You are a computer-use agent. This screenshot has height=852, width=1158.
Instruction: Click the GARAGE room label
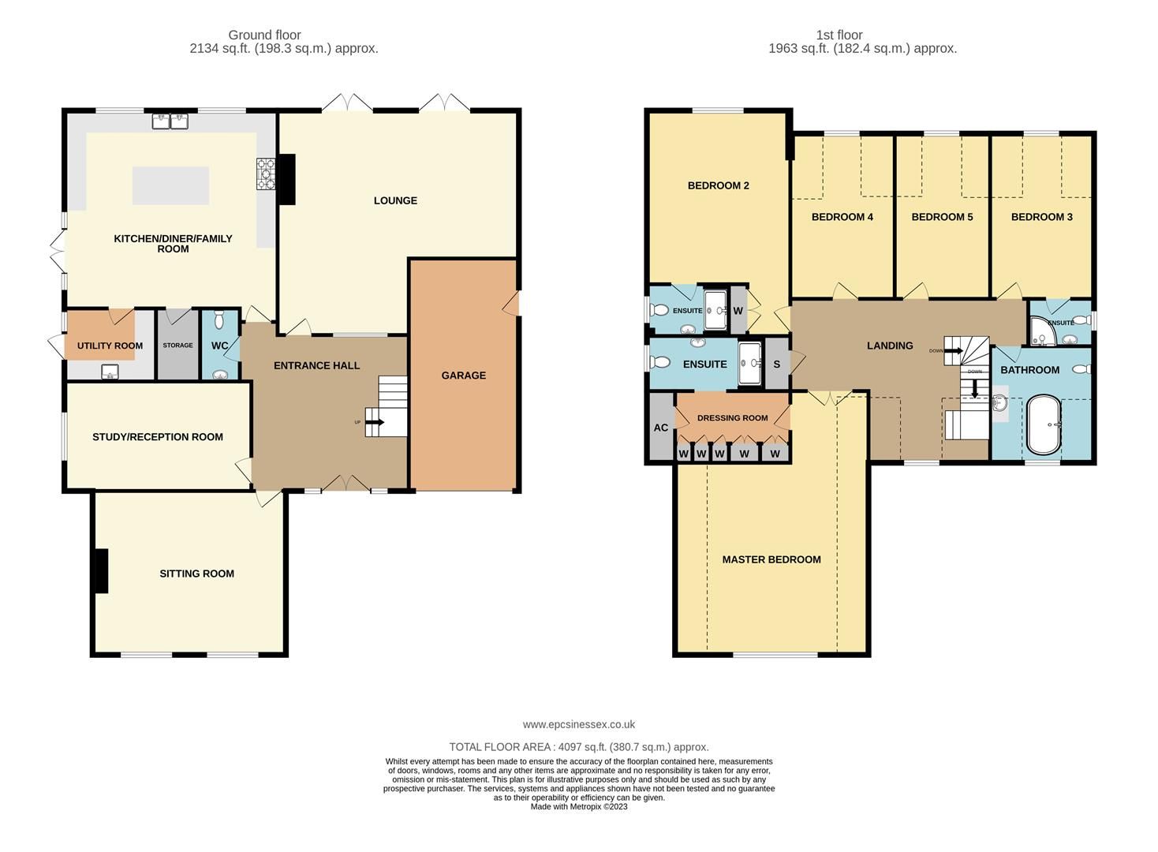463,376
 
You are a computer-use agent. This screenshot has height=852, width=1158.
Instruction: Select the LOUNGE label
395,200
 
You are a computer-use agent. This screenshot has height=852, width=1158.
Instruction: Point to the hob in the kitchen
264,174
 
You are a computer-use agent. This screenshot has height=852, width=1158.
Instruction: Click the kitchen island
170,186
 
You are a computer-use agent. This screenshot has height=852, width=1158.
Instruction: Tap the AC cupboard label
661,428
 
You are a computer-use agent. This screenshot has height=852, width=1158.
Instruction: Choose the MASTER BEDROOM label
771,559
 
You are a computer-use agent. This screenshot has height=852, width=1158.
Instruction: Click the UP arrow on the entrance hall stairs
375,422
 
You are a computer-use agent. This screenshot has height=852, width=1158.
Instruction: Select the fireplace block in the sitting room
100,570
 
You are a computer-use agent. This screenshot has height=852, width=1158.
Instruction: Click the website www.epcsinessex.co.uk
578,724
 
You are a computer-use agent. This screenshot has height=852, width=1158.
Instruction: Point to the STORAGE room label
177,346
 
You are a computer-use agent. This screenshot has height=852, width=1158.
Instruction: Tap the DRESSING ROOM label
732,418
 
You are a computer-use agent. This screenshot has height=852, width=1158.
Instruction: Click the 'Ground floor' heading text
264,35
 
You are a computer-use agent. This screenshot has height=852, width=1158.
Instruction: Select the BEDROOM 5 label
942,217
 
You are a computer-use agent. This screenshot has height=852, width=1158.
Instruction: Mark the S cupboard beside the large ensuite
777,364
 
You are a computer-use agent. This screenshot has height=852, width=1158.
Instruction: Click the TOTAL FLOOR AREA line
578,746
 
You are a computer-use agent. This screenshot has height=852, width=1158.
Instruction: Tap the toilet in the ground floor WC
220,321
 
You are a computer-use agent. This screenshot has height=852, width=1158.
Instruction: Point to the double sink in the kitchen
170,121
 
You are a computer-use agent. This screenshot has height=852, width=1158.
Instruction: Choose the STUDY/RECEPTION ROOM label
158,437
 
